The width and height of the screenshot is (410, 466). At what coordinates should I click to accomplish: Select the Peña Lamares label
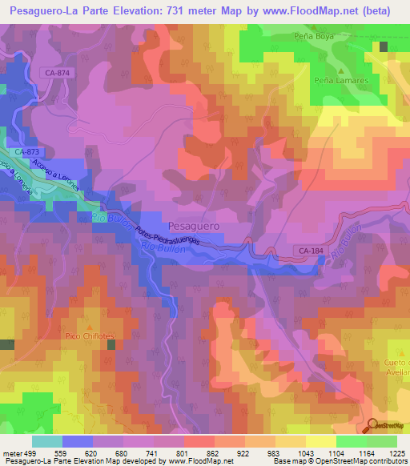click(x=334, y=81)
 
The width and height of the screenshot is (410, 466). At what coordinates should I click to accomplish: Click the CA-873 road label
click(x=28, y=151)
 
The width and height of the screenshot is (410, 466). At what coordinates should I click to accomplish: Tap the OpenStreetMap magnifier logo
click(x=373, y=426)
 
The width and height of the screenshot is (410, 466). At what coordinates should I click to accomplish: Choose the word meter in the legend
click(x=13, y=452)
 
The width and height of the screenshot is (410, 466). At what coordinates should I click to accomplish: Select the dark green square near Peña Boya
click(x=384, y=46)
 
